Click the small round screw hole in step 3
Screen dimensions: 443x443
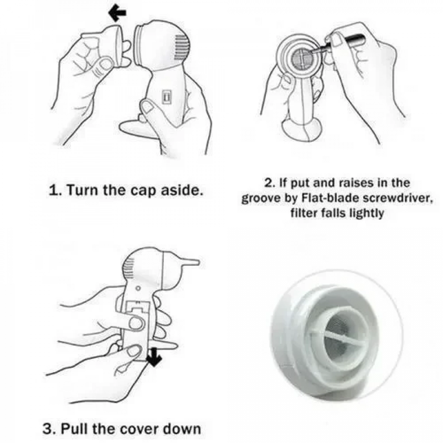pyautogui.click(x=138, y=288)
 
